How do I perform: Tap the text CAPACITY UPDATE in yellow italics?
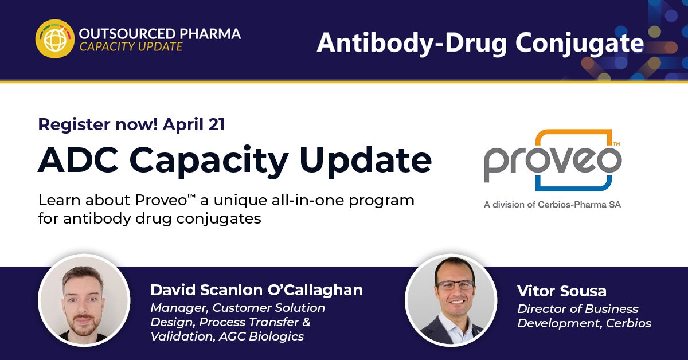pyautogui.click(x=131, y=47)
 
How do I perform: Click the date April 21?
pyautogui.click(x=193, y=124)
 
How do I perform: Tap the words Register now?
pyautogui.click(x=97, y=124)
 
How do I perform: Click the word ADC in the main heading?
pyautogui.click(x=70, y=161)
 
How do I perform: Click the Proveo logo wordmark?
pyautogui.click(x=552, y=163)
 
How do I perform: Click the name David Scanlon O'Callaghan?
pyautogui.click(x=256, y=290)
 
